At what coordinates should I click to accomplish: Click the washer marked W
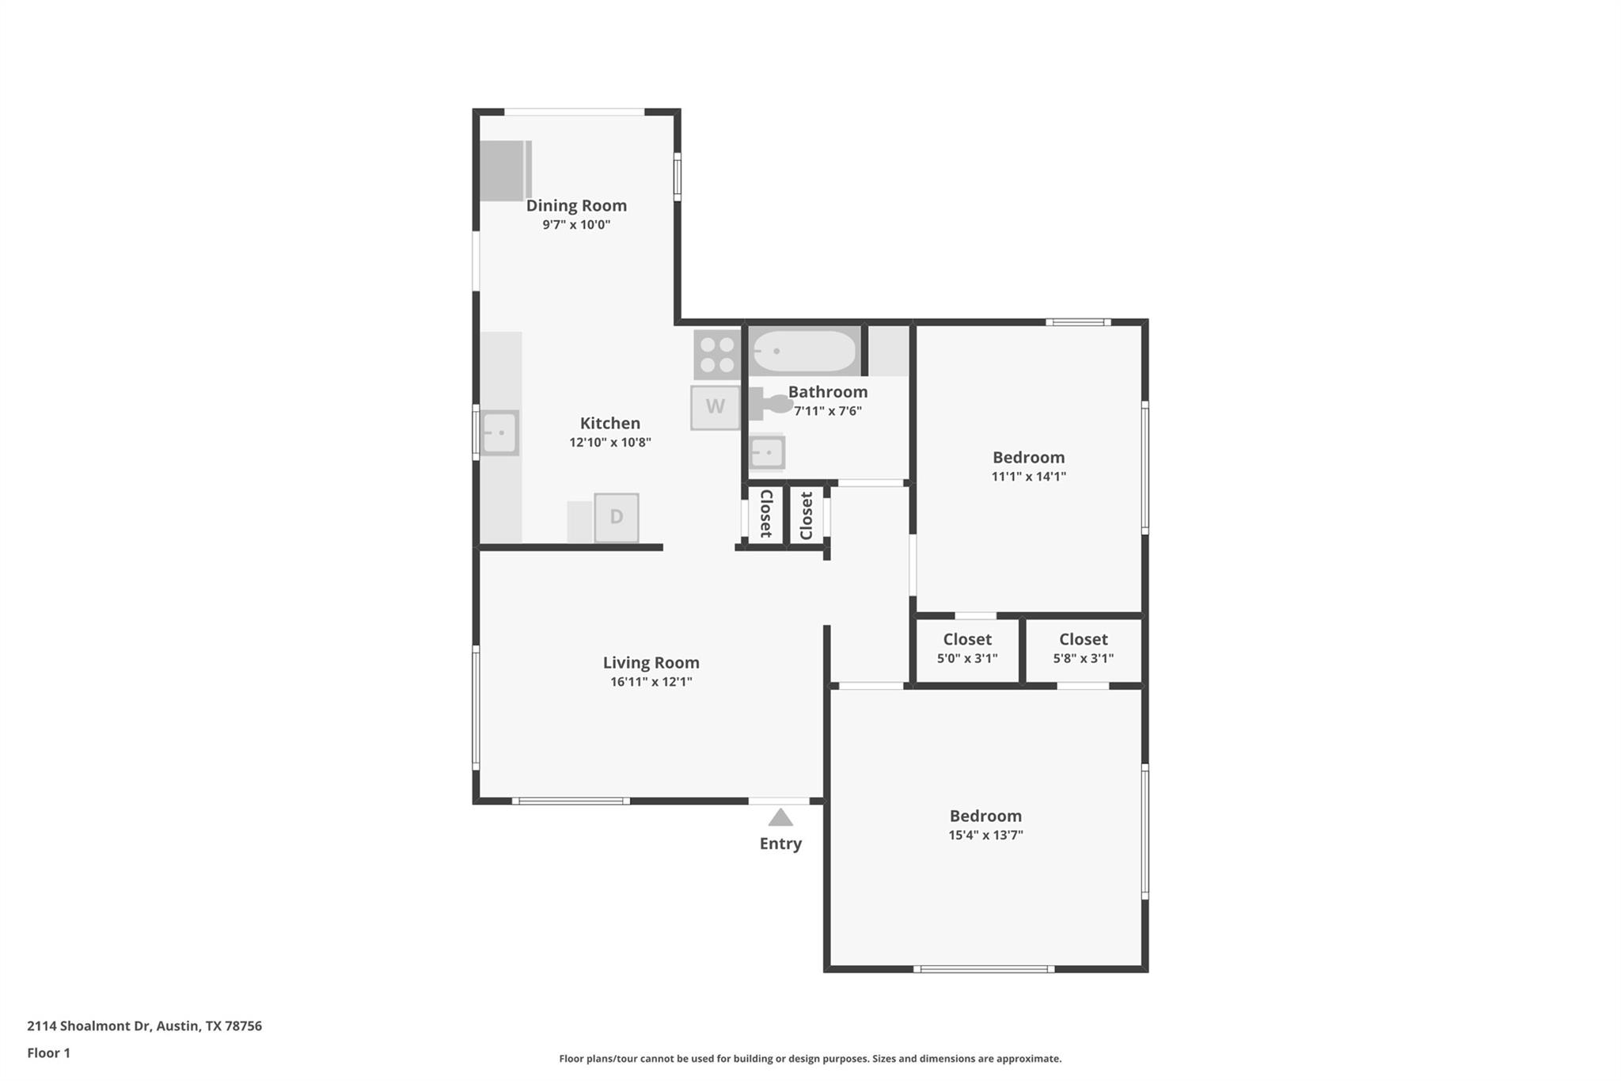click(x=715, y=407)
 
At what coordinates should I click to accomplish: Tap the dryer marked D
click(x=616, y=517)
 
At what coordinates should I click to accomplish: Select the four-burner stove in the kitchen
click(x=717, y=354)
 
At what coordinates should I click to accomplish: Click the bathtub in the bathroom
click(x=803, y=351)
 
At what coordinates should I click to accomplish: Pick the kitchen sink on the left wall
click(x=500, y=433)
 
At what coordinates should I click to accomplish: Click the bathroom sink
click(x=767, y=453)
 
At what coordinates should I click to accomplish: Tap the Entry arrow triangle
click(x=780, y=817)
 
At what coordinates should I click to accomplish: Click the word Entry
click(x=780, y=843)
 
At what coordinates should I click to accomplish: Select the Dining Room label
click(x=576, y=206)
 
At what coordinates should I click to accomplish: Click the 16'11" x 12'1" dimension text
click(x=651, y=682)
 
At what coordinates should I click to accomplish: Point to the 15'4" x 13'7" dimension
click(x=985, y=835)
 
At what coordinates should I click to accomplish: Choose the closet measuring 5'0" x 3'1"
click(x=967, y=648)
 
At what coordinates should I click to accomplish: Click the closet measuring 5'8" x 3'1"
click(x=1083, y=648)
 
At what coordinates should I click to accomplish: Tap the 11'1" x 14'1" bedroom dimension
click(x=1028, y=477)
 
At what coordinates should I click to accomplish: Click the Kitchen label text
click(x=609, y=424)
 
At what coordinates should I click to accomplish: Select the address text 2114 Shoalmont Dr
click(x=144, y=1026)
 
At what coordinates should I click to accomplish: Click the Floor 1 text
click(x=48, y=1052)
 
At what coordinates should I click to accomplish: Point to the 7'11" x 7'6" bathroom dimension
click(x=827, y=411)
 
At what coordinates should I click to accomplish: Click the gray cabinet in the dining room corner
click(x=504, y=169)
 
